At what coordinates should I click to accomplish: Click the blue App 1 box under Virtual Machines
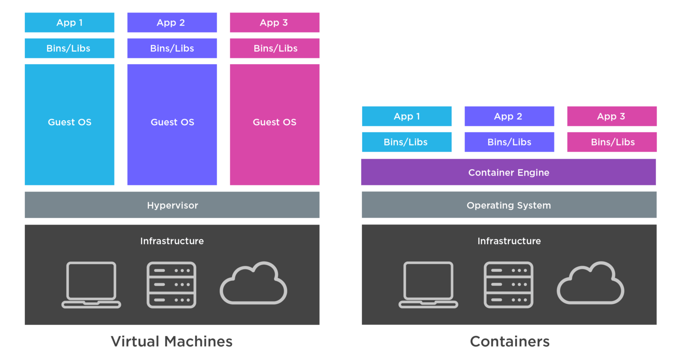(x=69, y=23)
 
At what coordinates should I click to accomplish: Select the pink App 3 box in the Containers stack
(x=611, y=116)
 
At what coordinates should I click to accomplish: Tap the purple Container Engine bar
(x=509, y=172)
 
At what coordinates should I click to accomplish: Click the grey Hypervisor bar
(x=172, y=205)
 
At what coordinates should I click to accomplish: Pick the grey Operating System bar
(x=509, y=205)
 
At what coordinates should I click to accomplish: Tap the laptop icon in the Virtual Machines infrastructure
(x=91, y=285)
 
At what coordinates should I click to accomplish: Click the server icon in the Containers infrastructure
(x=509, y=285)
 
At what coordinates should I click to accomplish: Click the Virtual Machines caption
(x=171, y=342)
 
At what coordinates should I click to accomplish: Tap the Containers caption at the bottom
(x=509, y=342)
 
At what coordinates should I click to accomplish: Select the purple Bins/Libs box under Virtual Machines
(x=172, y=49)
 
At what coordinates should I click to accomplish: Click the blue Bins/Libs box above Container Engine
(x=407, y=142)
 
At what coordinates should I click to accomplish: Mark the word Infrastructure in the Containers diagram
(x=509, y=241)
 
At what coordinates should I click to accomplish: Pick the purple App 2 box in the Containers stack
(x=509, y=116)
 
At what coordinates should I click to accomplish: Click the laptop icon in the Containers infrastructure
(x=428, y=285)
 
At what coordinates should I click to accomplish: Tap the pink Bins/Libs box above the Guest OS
(x=274, y=49)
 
